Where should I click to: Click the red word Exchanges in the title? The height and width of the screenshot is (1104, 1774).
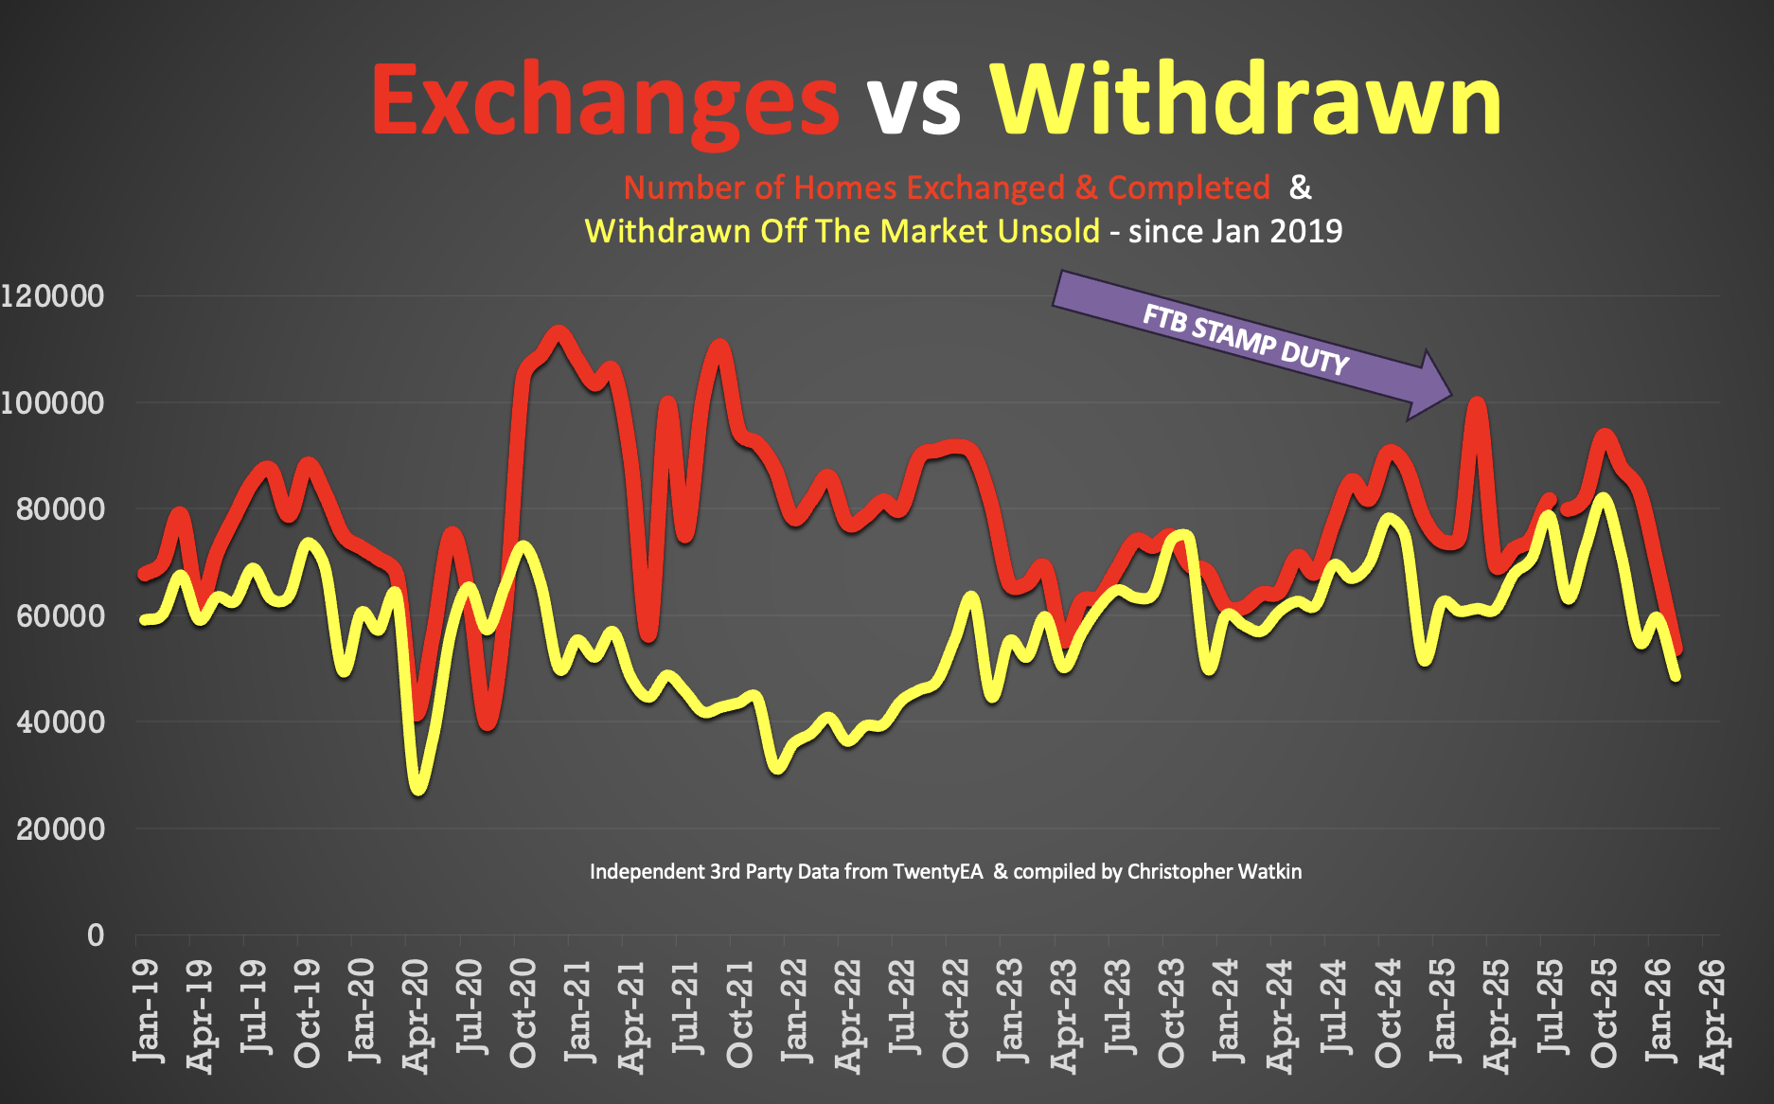coord(604,102)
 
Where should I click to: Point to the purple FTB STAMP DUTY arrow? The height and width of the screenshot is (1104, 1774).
coord(1250,341)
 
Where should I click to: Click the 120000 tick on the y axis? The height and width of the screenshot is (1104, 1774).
coord(53,296)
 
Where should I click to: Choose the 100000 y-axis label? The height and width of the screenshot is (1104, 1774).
coord(53,403)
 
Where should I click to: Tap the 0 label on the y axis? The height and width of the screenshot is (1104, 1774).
coord(96,935)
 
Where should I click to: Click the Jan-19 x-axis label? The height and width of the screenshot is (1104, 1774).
coord(147,1009)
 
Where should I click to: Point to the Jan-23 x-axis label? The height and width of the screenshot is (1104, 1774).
coord(1011,1009)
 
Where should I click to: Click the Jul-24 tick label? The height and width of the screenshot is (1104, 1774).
coord(1335,1007)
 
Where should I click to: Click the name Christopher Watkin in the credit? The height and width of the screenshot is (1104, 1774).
coord(1214,871)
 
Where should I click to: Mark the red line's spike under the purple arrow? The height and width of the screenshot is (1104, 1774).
coord(1477,404)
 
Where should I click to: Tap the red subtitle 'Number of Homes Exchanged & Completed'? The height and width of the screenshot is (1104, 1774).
coord(947,187)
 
